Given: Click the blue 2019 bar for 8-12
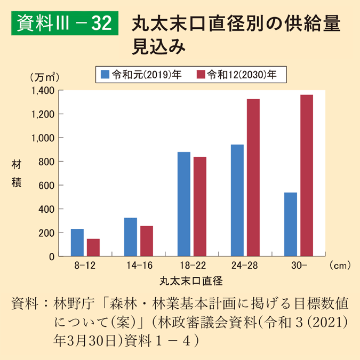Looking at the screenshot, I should pyautogui.click(x=77, y=243).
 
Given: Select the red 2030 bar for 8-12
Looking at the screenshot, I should pyautogui.click(x=93, y=247).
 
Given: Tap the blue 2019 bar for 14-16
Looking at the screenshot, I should pyautogui.click(x=131, y=237).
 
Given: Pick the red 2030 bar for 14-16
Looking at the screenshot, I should pyautogui.click(x=147, y=241).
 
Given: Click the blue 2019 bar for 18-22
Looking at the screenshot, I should pyautogui.click(x=184, y=204).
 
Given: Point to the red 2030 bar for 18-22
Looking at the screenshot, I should pyautogui.click(x=200, y=206).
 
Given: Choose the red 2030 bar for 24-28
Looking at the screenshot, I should pyautogui.click(x=253, y=178).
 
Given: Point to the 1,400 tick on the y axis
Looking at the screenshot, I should pyautogui.click(x=43, y=90).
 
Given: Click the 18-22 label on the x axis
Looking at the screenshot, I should pyautogui.click(x=192, y=265).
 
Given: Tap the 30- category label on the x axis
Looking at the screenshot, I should pyautogui.click(x=299, y=265).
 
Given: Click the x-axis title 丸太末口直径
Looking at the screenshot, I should pyautogui.click(x=190, y=279).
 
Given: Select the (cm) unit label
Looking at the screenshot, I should pyautogui.click(x=340, y=265).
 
